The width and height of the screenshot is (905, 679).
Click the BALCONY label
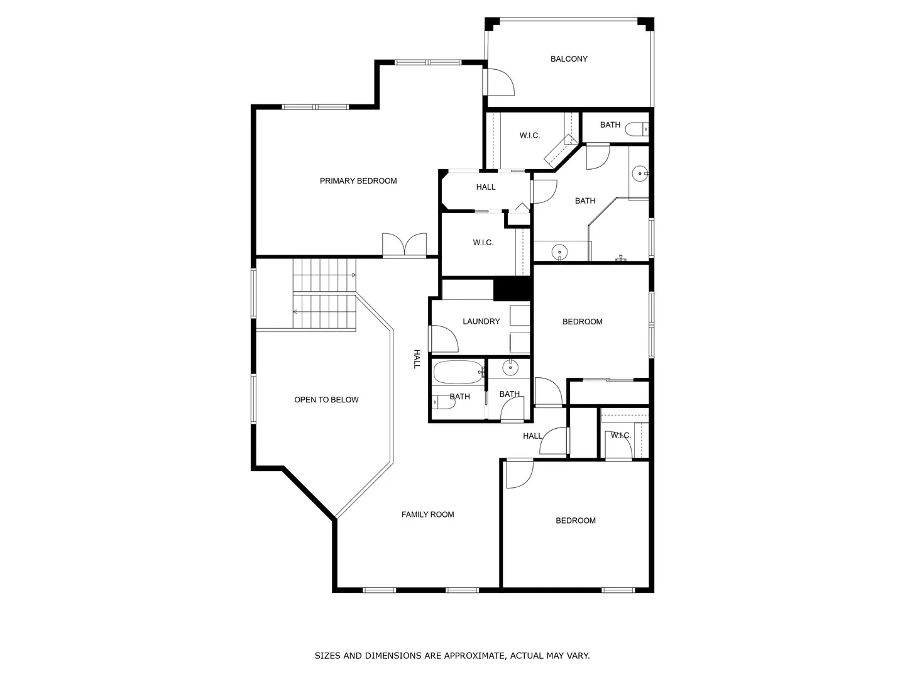point(569,59)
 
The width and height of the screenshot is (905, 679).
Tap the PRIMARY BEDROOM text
point(358,181)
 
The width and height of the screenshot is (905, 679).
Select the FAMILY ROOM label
point(427,514)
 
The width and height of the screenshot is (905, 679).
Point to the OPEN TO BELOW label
point(326,399)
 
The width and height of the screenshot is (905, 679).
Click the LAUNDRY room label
point(481,321)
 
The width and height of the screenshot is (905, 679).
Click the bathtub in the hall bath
point(459,372)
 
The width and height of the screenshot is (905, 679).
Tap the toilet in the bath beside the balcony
point(637,129)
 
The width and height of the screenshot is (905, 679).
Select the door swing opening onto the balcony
point(501,82)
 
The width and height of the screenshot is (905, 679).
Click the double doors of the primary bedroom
point(404,245)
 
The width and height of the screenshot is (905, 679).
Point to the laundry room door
point(444,338)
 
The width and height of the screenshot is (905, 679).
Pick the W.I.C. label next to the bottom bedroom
point(620,435)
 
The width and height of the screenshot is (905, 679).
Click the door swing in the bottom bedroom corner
point(520,474)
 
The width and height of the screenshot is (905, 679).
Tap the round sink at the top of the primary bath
point(640,174)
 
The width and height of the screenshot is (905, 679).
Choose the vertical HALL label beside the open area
point(417,359)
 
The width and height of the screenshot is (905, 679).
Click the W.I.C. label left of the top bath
point(529,135)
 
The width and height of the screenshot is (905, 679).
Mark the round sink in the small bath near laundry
point(510,367)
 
